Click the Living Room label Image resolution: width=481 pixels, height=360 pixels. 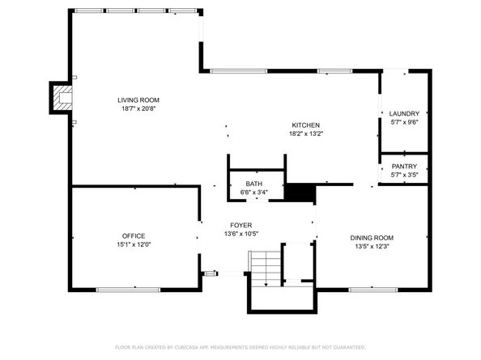(138, 100)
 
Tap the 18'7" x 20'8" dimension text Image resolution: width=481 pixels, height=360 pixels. (138, 108)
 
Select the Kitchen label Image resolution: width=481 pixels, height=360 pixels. (306, 125)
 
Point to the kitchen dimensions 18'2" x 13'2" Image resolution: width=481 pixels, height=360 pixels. (306, 133)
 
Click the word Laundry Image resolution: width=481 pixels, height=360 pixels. (404, 114)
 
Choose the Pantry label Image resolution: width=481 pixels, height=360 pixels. (404, 167)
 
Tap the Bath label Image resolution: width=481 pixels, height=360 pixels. (254, 184)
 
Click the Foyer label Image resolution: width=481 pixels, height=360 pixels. (241, 225)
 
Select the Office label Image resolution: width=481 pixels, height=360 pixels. (134, 236)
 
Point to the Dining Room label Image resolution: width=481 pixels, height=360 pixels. (372, 238)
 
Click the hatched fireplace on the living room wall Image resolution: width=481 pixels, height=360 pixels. (62, 98)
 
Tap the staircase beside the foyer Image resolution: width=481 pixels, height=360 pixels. (266, 269)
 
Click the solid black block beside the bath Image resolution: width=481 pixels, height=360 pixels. (300, 193)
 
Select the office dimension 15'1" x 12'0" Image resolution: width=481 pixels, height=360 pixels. (134, 244)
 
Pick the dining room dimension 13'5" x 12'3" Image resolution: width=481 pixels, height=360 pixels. (372, 246)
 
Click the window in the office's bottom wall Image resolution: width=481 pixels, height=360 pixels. (128, 290)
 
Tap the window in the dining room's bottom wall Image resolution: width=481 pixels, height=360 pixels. (373, 290)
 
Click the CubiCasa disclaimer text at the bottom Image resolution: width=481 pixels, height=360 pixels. (240, 347)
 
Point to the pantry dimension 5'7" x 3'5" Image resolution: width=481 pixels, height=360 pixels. (404, 175)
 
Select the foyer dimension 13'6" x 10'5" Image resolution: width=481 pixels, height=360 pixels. (241, 234)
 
